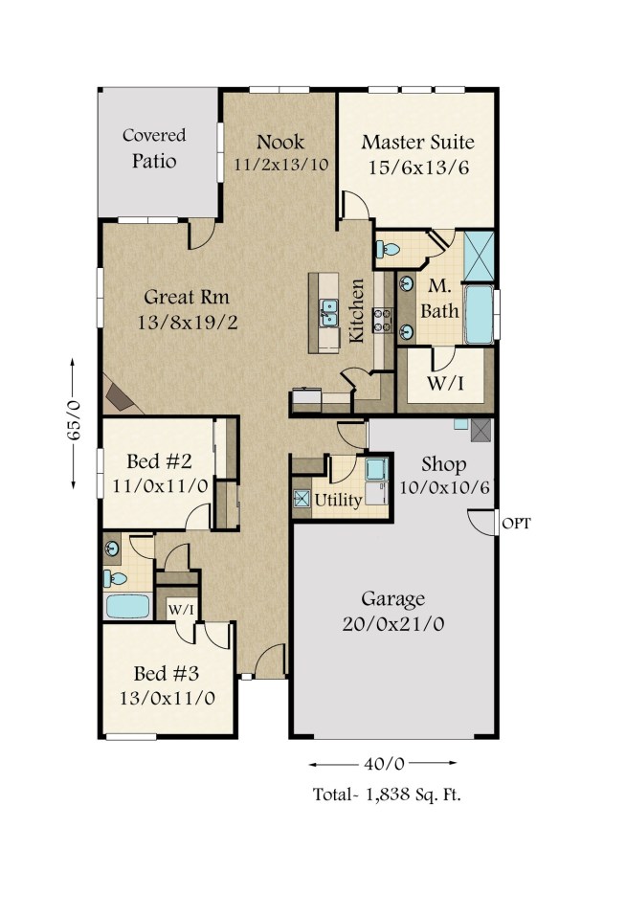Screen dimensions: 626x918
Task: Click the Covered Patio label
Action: tap(154, 148)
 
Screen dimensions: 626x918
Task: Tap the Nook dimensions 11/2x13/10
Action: tap(281, 165)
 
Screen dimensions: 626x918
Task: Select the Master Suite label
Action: tap(417, 142)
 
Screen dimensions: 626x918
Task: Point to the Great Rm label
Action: tap(187, 297)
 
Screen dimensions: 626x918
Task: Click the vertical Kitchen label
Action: tap(357, 310)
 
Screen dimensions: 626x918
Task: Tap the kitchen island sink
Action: tap(328, 311)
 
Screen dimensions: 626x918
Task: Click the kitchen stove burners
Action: tap(383, 321)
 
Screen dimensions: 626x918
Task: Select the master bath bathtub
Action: tap(479, 314)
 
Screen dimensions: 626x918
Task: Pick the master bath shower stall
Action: tap(479, 256)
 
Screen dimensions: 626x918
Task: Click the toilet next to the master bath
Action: tap(388, 250)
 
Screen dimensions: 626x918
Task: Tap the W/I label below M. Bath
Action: tap(446, 384)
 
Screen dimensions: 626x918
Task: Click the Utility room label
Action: tap(338, 500)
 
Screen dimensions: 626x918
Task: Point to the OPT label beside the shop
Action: tap(516, 523)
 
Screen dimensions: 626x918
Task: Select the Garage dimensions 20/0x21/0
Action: tap(393, 623)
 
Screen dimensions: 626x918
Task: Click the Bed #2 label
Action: tap(159, 460)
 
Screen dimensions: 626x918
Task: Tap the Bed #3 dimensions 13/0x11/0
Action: tap(168, 698)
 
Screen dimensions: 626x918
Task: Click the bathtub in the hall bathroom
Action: tap(127, 606)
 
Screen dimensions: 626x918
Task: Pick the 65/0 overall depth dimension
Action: tap(73, 423)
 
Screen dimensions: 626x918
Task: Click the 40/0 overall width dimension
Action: tap(383, 764)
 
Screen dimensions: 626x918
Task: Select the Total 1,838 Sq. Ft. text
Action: tap(387, 795)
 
